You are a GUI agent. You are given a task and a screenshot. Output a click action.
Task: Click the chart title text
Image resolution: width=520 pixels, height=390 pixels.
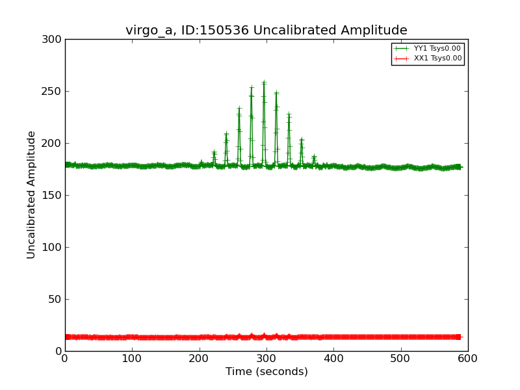(266, 31)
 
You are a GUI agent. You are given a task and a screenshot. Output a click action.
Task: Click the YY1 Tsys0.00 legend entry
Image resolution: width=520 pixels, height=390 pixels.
(437, 48)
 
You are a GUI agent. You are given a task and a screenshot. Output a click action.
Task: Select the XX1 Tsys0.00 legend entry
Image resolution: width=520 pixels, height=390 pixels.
(437, 58)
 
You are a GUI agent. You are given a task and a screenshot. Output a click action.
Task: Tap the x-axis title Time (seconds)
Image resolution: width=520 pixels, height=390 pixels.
(266, 372)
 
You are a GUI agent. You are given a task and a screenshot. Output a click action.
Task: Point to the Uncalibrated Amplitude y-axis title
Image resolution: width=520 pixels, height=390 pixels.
(32, 195)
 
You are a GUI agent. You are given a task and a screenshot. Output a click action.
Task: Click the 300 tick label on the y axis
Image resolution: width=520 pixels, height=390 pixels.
(53, 40)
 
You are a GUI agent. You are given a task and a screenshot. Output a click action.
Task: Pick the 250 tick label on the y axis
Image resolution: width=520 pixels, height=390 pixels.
(53, 92)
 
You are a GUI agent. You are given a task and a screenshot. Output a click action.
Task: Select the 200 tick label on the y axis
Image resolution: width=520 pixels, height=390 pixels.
(53, 144)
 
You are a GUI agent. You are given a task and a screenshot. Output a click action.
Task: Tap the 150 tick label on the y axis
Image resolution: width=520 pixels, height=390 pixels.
(53, 196)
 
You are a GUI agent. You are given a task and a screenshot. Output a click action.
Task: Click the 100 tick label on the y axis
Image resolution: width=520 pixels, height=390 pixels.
(53, 248)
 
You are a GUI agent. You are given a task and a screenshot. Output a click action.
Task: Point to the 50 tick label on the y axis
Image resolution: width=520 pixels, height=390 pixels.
(55, 300)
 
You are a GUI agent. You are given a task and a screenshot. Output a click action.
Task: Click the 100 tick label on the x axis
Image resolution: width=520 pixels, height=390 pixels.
(132, 358)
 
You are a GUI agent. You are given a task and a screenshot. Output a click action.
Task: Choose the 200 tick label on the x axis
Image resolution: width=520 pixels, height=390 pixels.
(200, 358)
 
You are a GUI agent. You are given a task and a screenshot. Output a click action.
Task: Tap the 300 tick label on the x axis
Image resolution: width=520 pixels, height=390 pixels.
(266, 358)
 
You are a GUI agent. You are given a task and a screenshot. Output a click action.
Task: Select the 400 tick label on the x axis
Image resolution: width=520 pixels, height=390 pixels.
(333, 358)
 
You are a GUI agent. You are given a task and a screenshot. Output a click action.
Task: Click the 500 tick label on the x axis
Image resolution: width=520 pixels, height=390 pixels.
(401, 358)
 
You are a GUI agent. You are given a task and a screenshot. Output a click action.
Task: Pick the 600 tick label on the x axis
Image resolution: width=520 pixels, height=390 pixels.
(468, 358)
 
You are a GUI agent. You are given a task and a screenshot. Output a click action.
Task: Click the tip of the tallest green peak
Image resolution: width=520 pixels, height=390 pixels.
(264, 82)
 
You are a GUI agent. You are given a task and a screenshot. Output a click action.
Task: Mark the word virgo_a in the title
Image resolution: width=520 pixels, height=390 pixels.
(148, 31)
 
